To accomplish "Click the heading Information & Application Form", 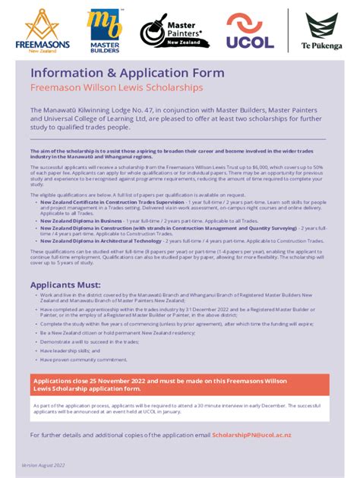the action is [128, 73].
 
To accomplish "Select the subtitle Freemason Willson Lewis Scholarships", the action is [117, 88].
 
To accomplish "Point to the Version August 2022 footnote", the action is [43, 464].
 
